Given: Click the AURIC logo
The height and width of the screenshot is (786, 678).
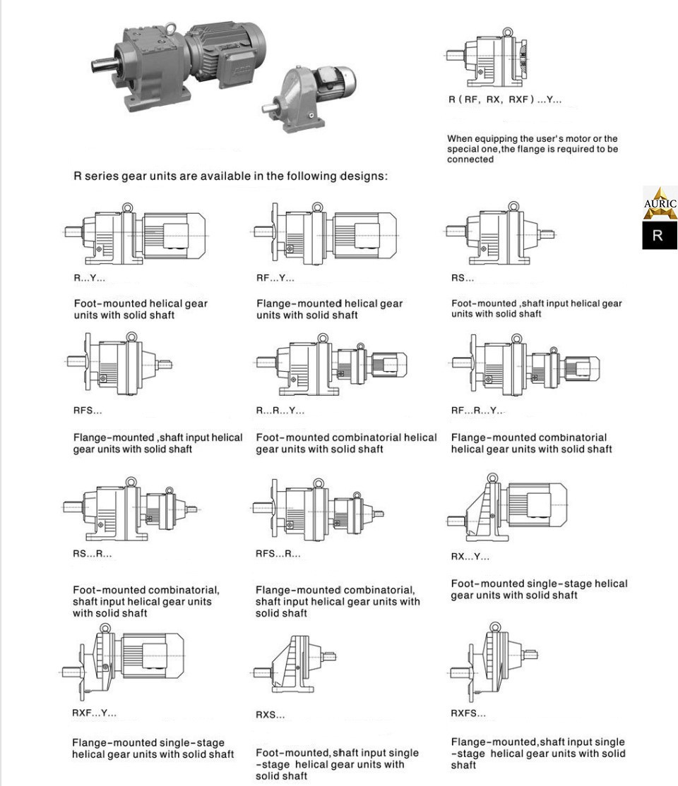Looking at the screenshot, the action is (660, 203).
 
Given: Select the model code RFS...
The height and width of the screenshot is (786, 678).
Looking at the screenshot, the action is (88, 411).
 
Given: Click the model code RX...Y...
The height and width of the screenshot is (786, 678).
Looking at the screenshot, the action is (470, 557).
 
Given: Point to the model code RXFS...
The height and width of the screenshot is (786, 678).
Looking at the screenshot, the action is (468, 713).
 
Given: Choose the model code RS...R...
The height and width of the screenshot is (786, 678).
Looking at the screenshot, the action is (92, 554).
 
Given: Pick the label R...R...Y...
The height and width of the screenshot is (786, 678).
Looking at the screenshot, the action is (280, 411).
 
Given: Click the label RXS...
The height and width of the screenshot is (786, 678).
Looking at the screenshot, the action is (270, 715).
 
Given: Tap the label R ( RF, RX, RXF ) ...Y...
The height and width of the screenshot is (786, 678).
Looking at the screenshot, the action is (505, 99).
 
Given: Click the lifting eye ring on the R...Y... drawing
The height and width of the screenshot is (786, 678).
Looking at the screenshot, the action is (127, 207).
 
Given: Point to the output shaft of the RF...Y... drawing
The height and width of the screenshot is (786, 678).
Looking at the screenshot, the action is (261, 232).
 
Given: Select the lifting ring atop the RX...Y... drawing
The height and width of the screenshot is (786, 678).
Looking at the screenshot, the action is (493, 477).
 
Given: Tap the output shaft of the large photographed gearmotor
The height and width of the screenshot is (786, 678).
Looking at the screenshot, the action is (103, 64).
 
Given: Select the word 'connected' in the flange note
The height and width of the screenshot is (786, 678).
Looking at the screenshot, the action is (470, 159).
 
